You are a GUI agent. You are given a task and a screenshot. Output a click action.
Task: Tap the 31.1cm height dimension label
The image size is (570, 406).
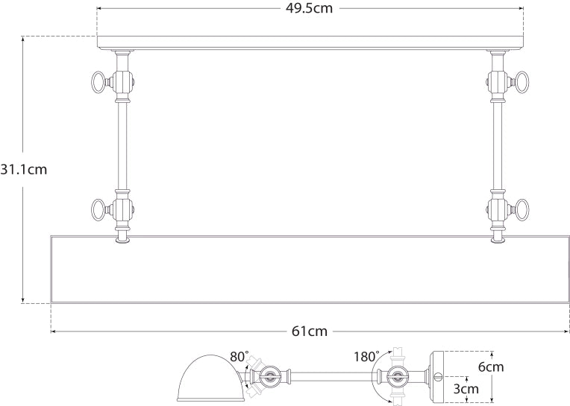(23, 169)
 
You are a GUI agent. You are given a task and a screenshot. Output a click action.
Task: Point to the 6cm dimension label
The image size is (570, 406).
(513, 367)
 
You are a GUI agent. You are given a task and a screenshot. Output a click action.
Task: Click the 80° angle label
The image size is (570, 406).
(239, 358)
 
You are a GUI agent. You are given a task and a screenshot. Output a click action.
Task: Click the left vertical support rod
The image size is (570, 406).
(121, 149)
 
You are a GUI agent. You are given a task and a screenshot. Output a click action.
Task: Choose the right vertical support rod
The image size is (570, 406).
(496, 149)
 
